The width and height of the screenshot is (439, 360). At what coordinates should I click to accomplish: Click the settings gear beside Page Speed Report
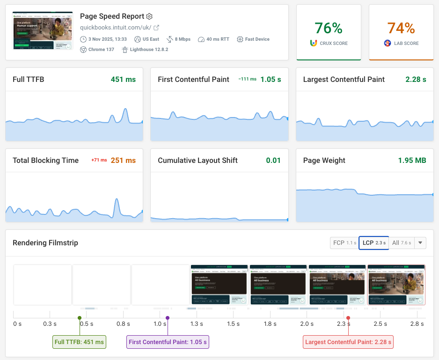pos(149,16)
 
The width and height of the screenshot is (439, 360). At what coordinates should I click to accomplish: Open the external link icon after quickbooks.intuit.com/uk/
pos(156,28)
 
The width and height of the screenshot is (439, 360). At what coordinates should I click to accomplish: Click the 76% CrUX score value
pos(329,28)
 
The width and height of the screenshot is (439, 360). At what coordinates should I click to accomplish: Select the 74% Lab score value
pos(401,28)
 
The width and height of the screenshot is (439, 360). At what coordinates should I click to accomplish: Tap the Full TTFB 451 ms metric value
pos(123,80)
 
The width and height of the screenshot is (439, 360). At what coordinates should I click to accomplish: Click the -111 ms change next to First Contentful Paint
pos(247,80)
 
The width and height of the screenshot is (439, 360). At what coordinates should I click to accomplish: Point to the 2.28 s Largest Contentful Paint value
pos(416,80)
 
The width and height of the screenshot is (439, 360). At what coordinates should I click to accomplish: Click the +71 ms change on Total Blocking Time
pos(99,161)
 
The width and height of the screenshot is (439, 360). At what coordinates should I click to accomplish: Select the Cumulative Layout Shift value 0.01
pos(273,161)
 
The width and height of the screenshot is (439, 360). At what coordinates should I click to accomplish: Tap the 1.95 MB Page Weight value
pos(412,161)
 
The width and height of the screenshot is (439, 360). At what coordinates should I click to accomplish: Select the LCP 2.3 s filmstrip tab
pos(374,243)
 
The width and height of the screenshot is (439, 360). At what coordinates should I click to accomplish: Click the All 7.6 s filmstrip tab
pos(402,243)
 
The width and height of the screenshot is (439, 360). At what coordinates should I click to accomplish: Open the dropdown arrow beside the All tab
pos(420,243)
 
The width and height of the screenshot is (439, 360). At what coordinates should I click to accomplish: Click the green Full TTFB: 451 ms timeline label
pos(79,342)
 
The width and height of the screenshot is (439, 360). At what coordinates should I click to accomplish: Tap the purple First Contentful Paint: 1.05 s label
pos(168,342)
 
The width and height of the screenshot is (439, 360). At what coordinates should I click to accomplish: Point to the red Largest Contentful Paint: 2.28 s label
pos(348,342)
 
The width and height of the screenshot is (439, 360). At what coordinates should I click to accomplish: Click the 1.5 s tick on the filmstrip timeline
pos(233,324)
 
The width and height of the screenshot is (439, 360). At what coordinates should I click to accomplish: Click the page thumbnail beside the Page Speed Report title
pos(43,31)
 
